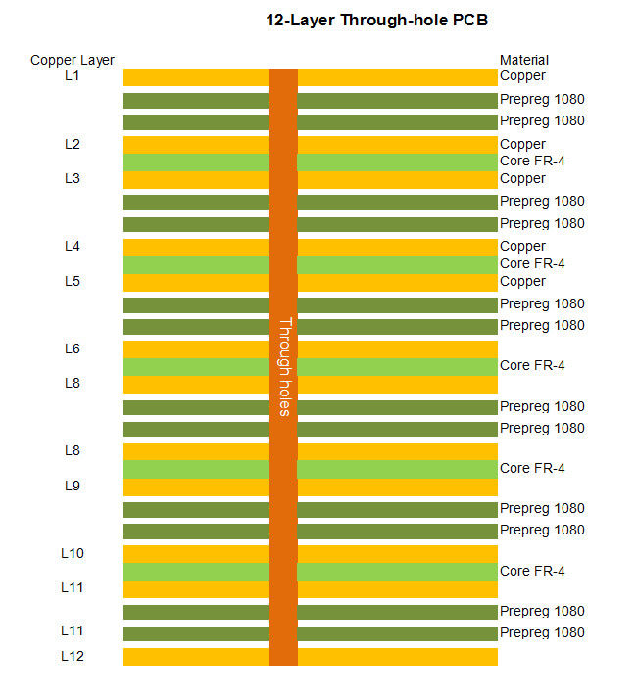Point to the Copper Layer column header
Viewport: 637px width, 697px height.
click(x=73, y=61)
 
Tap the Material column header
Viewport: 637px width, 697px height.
click(x=524, y=61)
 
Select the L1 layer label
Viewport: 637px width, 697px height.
click(x=73, y=76)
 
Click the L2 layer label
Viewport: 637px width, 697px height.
click(x=73, y=145)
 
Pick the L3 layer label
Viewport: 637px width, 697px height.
click(x=73, y=179)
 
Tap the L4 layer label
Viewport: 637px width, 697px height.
click(x=73, y=247)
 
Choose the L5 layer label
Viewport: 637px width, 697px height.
click(x=73, y=282)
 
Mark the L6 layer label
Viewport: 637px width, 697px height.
click(x=73, y=349)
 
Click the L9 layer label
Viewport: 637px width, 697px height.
click(x=73, y=486)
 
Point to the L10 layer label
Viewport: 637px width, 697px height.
click(x=73, y=554)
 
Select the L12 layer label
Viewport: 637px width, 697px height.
click(x=73, y=657)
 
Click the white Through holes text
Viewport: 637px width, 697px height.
click(x=285, y=367)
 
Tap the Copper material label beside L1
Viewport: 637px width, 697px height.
click(x=522, y=76)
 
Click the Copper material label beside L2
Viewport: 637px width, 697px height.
click(x=522, y=145)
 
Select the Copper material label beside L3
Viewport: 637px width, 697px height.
click(x=522, y=179)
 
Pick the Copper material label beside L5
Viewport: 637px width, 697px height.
click(x=522, y=282)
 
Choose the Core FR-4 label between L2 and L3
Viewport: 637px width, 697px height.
click(x=532, y=162)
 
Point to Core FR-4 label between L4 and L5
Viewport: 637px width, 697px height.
click(x=532, y=264)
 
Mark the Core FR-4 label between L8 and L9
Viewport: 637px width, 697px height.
click(x=532, y=469)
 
